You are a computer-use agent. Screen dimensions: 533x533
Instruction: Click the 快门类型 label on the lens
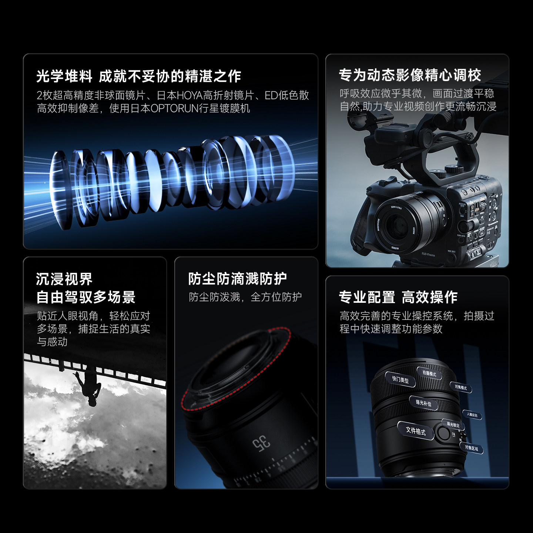(x=400, y=379)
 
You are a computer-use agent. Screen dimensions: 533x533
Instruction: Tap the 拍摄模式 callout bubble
(x=429, y=373)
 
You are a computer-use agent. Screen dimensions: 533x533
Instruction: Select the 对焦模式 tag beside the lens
(x=461, y=388)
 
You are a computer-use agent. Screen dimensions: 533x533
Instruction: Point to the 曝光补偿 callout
(x=423, y=403)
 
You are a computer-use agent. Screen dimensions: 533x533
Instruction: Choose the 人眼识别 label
(x=472, y=415)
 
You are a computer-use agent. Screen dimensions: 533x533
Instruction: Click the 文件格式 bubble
(x=415, y=431)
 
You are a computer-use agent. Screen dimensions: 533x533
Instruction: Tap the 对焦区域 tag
(x=472, y=448)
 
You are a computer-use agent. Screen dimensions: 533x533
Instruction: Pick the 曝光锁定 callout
(x=453, y=425)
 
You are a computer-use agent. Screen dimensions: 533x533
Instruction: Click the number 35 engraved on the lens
(x=261, y=443)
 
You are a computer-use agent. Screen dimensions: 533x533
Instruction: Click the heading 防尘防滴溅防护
(x=237, y=279)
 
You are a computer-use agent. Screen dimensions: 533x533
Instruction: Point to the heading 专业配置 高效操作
(x=398, y=297)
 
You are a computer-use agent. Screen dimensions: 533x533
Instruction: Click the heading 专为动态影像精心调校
(x=410, y=76)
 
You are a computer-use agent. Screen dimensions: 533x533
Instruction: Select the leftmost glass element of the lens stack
(x=59, y=189)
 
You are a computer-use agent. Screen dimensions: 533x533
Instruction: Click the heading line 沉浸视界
(x=64, y=279)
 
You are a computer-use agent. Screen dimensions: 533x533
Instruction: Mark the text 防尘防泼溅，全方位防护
(x=245, y=297)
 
